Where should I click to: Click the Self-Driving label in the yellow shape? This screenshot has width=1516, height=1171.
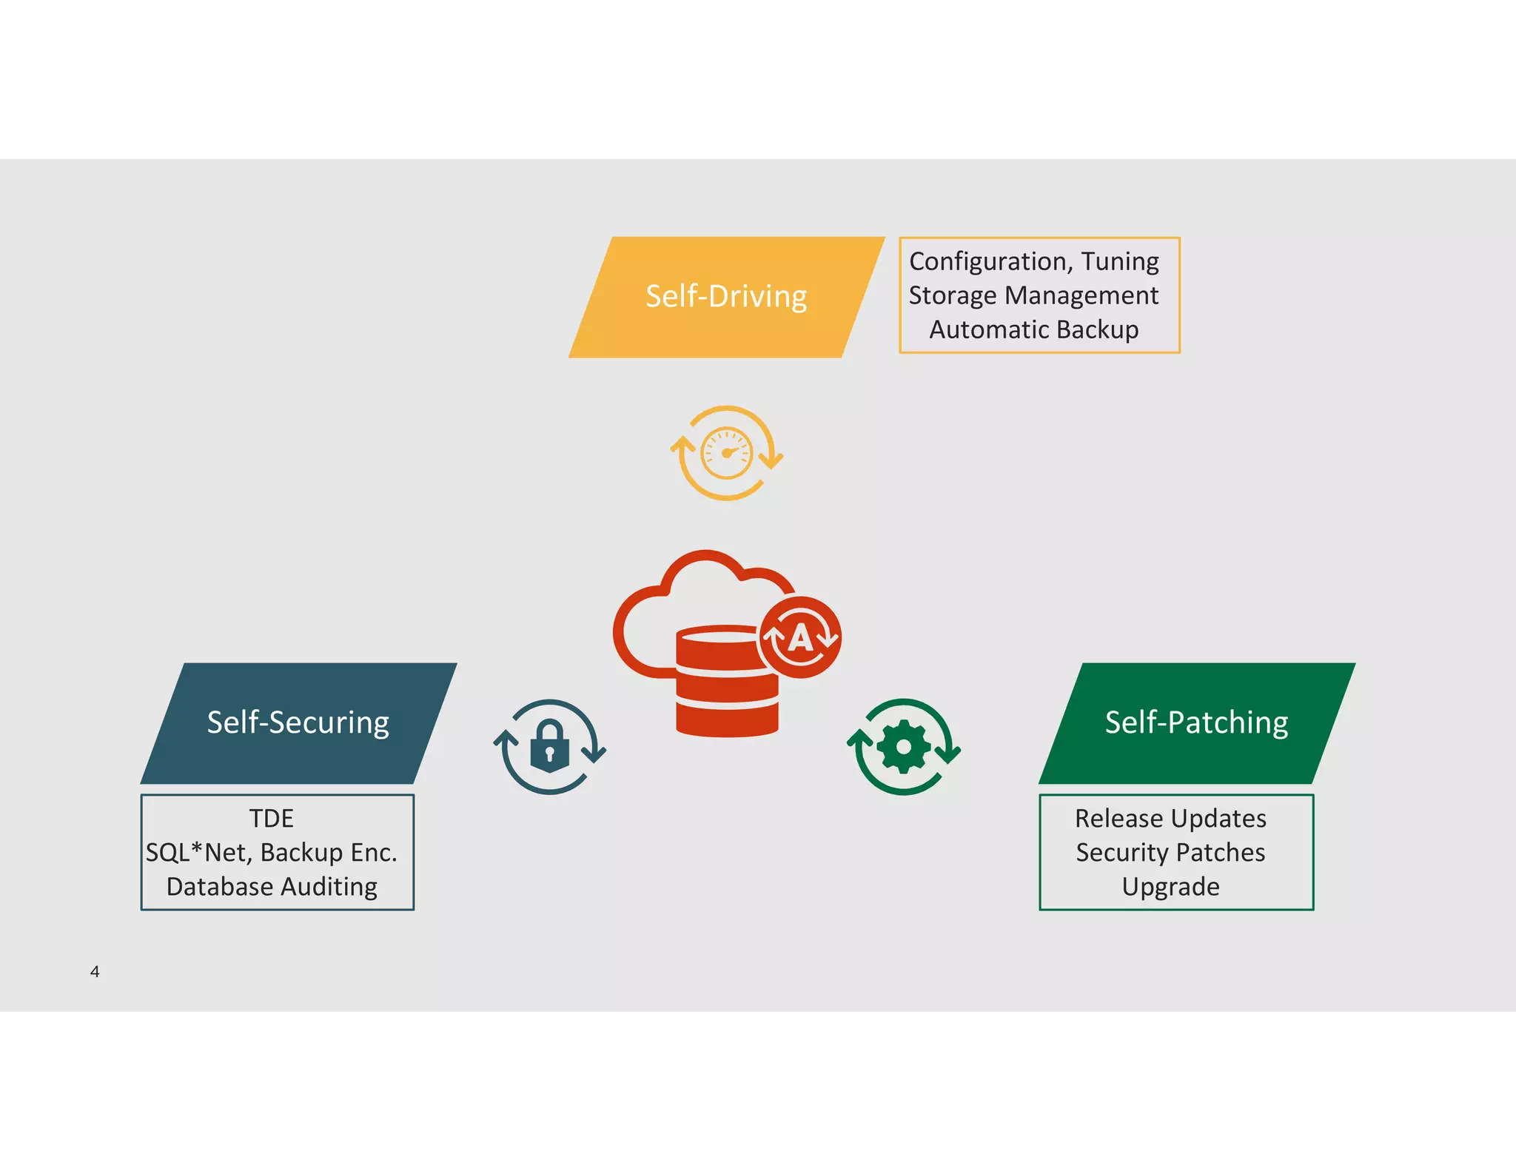[x=726, y=297]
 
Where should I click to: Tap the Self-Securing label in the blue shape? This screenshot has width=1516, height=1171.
[x=298, y=722]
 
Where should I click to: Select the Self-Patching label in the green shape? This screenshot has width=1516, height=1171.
[x=1196, y=722]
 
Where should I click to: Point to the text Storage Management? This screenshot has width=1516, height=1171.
[x=1033, y=295]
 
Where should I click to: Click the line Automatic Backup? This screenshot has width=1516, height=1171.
[x=1033, y=329]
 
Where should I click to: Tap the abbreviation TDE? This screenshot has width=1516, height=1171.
[x=271, y=819]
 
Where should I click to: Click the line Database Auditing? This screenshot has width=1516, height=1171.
[x=272, y=887]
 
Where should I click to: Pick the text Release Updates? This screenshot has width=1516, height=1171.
[x=1170, y=819]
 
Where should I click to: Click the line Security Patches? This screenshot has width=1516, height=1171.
[x=1170, y=853]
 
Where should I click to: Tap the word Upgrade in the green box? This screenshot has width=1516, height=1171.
[x=1170, y=887]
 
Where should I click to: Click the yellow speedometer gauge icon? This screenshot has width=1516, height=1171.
[x=727, y=453]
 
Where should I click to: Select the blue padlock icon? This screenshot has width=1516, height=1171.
[x=549, y=746]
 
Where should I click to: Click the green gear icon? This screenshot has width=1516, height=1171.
[x=903, y=747]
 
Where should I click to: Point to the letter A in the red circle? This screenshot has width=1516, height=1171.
[x=800, y=637]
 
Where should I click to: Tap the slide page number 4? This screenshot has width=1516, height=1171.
[x=95, y=971]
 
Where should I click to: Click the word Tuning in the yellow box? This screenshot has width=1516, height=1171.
[x=1119, y=261]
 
